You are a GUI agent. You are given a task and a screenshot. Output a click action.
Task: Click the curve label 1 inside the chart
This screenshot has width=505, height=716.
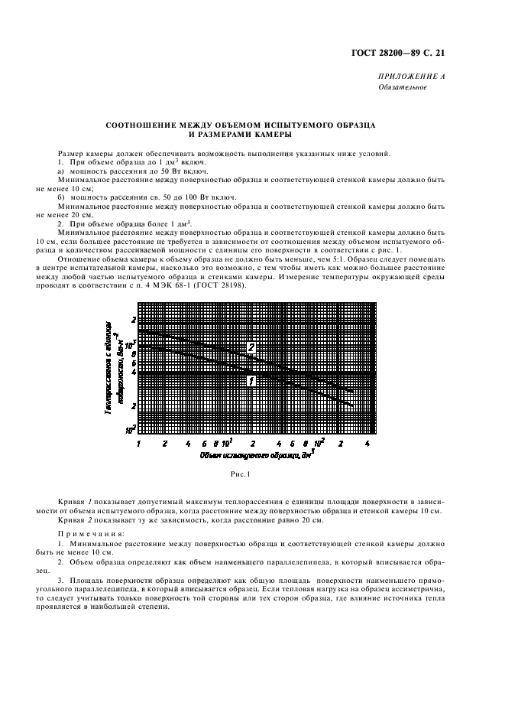[251, 380]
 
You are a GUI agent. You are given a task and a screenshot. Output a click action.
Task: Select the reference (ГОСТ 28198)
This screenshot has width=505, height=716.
[216, 286]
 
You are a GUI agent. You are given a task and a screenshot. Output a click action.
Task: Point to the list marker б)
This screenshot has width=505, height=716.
[62, 197]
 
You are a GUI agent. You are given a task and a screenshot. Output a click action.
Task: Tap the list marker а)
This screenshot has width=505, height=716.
[62, 172]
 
